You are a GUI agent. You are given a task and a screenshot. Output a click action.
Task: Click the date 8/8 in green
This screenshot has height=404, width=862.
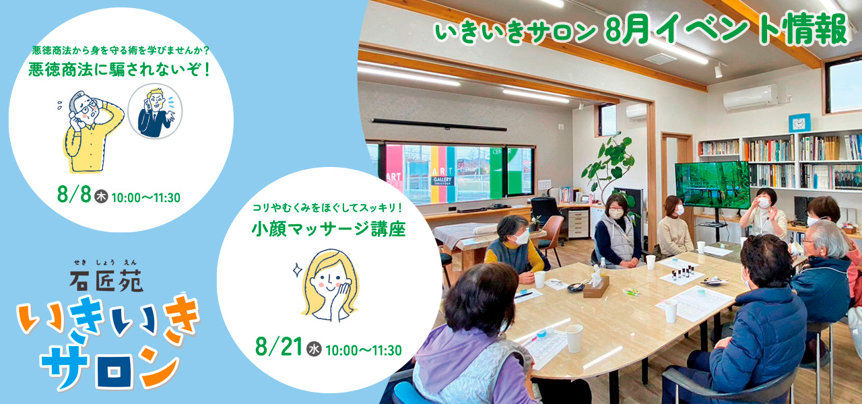(73, 195)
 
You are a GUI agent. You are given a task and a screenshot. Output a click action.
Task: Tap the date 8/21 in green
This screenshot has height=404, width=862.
(278, 347)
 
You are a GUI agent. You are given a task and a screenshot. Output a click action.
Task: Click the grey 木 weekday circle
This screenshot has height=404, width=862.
(101, 196)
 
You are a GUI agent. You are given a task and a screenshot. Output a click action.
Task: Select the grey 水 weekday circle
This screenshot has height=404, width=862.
(314, 349)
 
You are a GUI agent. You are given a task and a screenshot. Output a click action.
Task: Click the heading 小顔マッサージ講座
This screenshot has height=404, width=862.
(329, 230)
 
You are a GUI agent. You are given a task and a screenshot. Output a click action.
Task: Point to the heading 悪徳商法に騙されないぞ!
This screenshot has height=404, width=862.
(119, 69)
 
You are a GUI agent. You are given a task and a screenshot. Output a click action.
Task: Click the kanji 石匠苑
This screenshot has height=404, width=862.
(106, 281)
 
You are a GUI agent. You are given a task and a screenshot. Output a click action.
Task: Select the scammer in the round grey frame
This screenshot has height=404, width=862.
(155, 112)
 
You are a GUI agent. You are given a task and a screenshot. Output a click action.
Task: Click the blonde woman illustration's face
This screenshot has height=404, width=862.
(331, 281)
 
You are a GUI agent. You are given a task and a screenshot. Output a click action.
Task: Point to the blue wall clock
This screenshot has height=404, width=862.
(799, 123)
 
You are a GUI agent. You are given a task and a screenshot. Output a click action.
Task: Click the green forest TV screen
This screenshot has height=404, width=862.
(712, 184)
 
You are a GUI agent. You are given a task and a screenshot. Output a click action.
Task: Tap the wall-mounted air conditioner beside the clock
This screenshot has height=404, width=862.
(750, 98)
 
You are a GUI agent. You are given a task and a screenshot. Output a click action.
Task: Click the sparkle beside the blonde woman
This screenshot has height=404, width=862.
(298, 270)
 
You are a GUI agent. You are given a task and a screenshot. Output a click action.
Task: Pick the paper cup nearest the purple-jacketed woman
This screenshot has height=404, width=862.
(574, 338)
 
